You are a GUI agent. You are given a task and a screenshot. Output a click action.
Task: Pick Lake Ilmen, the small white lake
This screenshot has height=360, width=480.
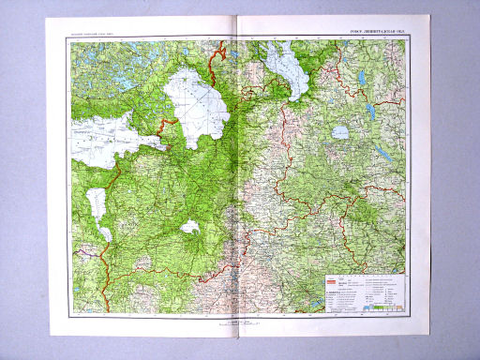tap(190, 227)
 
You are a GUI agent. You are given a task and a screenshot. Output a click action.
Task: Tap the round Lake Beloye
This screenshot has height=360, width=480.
tap(339, 132)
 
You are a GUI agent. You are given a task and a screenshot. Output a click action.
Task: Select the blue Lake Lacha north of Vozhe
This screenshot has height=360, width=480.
tap(362, 77)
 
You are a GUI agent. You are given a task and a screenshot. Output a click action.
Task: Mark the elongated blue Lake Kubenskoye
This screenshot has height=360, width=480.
tap(382, 151)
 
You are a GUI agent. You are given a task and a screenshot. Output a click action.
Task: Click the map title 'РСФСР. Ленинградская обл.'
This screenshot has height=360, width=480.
tap(380, 37)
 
